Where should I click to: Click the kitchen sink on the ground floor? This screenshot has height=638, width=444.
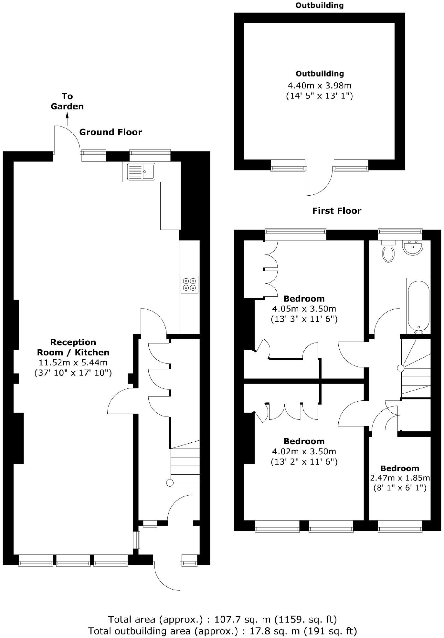(x=141, y=171)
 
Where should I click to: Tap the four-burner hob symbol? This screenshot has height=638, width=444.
(x=189, y=284)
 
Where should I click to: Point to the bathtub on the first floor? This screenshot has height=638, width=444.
(x=418, y=305)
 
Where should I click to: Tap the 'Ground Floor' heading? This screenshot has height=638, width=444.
(x=111, y=132)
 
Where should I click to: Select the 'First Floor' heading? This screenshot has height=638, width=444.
(x=336, y=211)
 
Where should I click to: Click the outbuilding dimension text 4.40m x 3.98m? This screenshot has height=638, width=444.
(x=319, y=86)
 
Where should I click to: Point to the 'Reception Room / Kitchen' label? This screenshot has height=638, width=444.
(x=73, y=347)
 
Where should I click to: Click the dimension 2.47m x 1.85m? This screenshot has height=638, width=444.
(x=400, y=478)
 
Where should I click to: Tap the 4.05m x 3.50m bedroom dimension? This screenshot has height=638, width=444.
(x=304, y=309)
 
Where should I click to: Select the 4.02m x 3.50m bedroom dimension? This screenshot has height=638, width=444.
(x=304, y=451)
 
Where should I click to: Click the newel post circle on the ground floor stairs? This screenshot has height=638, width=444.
(x=170, y=483)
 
